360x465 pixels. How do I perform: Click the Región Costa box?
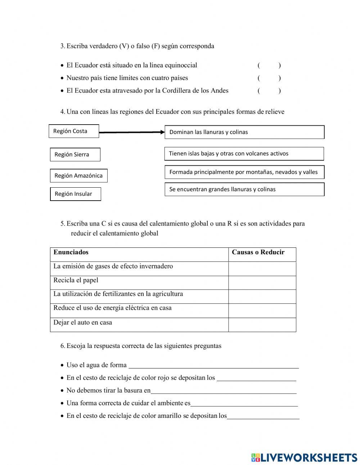pyautogui.click(x=73, y=131)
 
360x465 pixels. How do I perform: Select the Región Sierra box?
pyautogui.click(x=75, y=155)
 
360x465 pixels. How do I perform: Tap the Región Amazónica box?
pyautogui.click(x=78, y=176)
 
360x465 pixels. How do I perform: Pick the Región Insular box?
pyautogui.click(x=75, y=194)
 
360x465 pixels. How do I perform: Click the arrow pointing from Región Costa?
pyautogui.click(x=131, y=132)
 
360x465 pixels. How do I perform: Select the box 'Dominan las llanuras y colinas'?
pyautogui.click(x=244, y=132)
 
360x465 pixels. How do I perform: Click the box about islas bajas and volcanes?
pyautogui.click(x=244, y=154)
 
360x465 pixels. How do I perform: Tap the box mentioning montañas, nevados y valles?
pyautogui.click(x=244, y=172)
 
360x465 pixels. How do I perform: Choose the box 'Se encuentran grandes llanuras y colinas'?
pyautogui.click(x=244, y=189)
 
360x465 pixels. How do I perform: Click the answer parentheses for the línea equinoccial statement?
pyautogui.click(x=269, y=66)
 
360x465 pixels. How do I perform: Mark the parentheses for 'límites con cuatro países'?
pyautogui.click(x=269, y=78)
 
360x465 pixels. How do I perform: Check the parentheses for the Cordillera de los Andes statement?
pyautogui.click(x=269, y=91)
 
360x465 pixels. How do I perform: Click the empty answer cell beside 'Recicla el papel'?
pyautogui.click(x=262, y=283)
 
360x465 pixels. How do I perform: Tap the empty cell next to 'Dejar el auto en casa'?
pyautogui.click(x=262, y=325)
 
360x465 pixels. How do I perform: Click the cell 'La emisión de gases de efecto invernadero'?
pyautogui.click(x=139, y=269)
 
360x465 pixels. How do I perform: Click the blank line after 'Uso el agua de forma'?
pyautogui.click(x=213, y=366)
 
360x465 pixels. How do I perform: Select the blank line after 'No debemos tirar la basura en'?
pyautogui.click(x=223, y=391)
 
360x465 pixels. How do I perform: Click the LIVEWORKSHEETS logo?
pyautogui.click(x=304, y=457)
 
